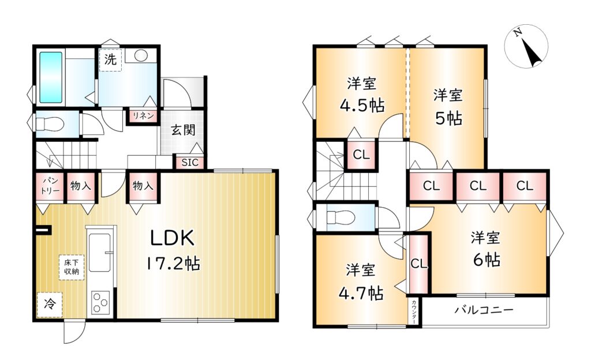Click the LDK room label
pyautogui.click(x=173, y=238)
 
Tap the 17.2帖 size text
pyautogui.click(x=173, y=263)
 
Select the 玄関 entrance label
pyautogui.click(x=183, y=130)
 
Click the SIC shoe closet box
pyautogui.click(x=189, y=162)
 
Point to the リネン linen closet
pyautogui.click(x=143, y=115)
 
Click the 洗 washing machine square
pyautogui.click(x=110, y=60)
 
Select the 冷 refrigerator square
pyautogui.click(x=50, y=304)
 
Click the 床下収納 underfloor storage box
pyautogui.click(x=71, y=267)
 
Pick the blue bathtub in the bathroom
pyautogui.click(x=51, y=77)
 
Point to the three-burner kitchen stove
pyautogui.click(x=100, y=302)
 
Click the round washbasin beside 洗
pyautogui.click(x=141, y=56)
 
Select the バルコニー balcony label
pyautogui.click(x=484, y=310)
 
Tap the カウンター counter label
pyautogui.click(x=414, y=312)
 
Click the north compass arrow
pyautogui.click(x=532, y=52)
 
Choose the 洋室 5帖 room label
pyautogui.click(x=448, y=107)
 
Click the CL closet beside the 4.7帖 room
pyautogui.click(x=419, y=264)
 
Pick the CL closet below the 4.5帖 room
pyautogui.click(x=361, y=155)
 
